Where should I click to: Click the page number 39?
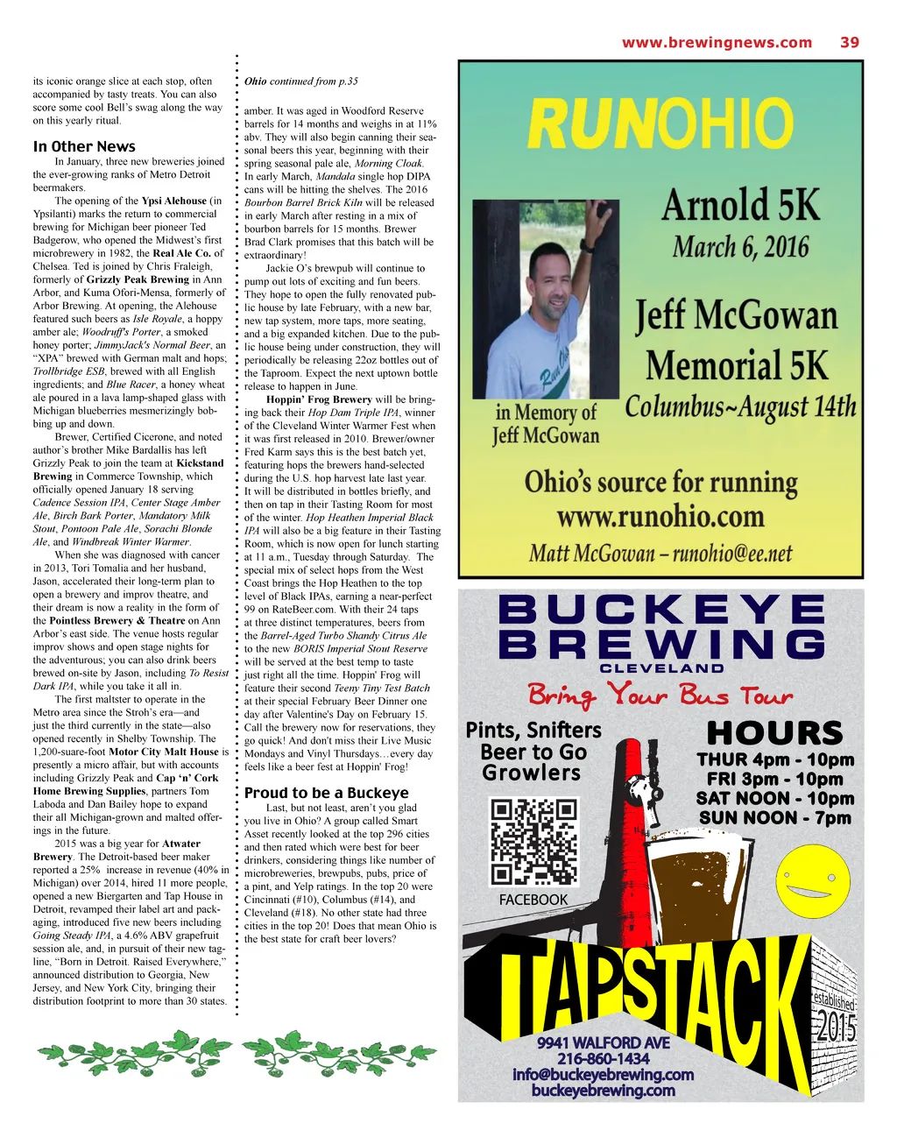pos(849,42)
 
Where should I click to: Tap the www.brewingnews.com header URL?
pos(717,42)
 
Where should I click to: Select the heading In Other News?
pos(84,146)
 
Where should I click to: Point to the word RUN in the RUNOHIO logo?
pos(592,124)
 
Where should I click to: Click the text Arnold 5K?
pos(740,206)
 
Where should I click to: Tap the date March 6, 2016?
pos(740,247)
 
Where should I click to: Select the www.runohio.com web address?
pos(660,517)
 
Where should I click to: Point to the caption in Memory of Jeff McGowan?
pos(546,424)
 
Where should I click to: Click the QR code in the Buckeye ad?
pos(533,841)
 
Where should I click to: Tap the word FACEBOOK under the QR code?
pos(533,900)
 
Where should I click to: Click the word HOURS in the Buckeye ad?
pos(774,733)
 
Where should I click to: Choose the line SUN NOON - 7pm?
pos(774,818)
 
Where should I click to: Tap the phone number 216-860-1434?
pos(603,1059)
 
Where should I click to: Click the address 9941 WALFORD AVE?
pos(603,1043)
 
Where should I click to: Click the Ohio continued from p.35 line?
pos(300,81)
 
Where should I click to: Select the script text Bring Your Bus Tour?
pos(660,696)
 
